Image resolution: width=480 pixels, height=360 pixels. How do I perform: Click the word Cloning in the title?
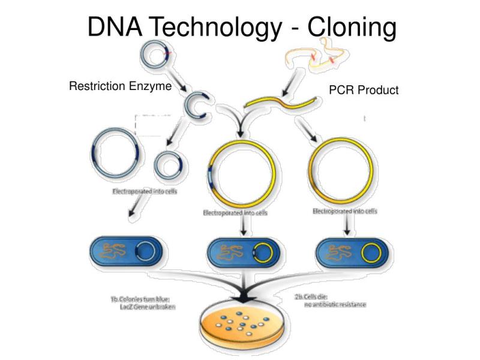352,28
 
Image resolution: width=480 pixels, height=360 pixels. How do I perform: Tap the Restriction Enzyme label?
120,86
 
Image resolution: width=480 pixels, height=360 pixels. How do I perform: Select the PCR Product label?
364,90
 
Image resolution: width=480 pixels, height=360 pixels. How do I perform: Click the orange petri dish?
242,327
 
